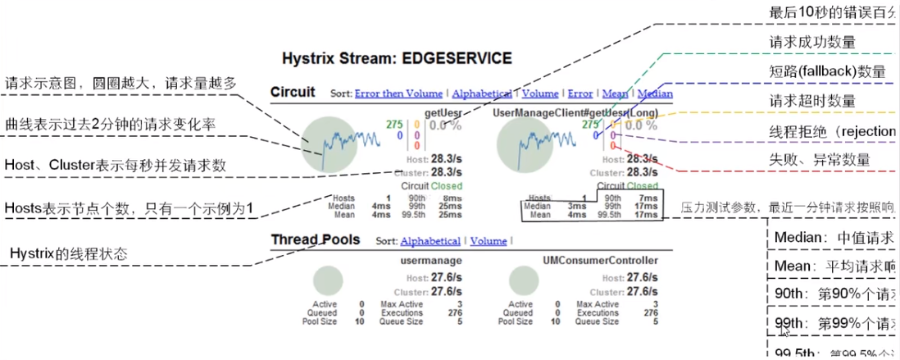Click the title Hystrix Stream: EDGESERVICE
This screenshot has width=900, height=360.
[397, 59]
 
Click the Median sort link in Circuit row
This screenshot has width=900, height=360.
[655, 94]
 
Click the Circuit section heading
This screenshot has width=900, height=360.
[293, 93]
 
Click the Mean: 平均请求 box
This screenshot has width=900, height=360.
[832, 267]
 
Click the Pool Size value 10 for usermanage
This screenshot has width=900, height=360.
[360, 322]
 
